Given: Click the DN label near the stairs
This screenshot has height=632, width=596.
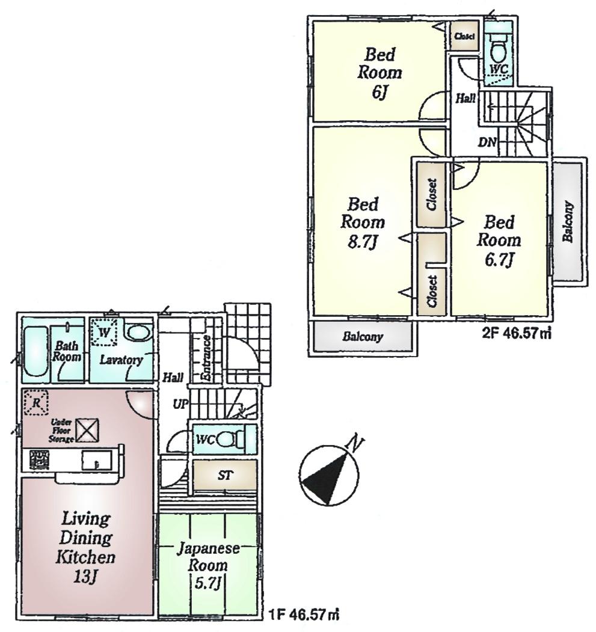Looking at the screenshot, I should (x=487, y=143).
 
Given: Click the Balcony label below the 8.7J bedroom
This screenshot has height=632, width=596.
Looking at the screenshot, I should (x=363, y=337).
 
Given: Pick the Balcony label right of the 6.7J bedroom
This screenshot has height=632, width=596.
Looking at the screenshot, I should (x=568, y=222).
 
